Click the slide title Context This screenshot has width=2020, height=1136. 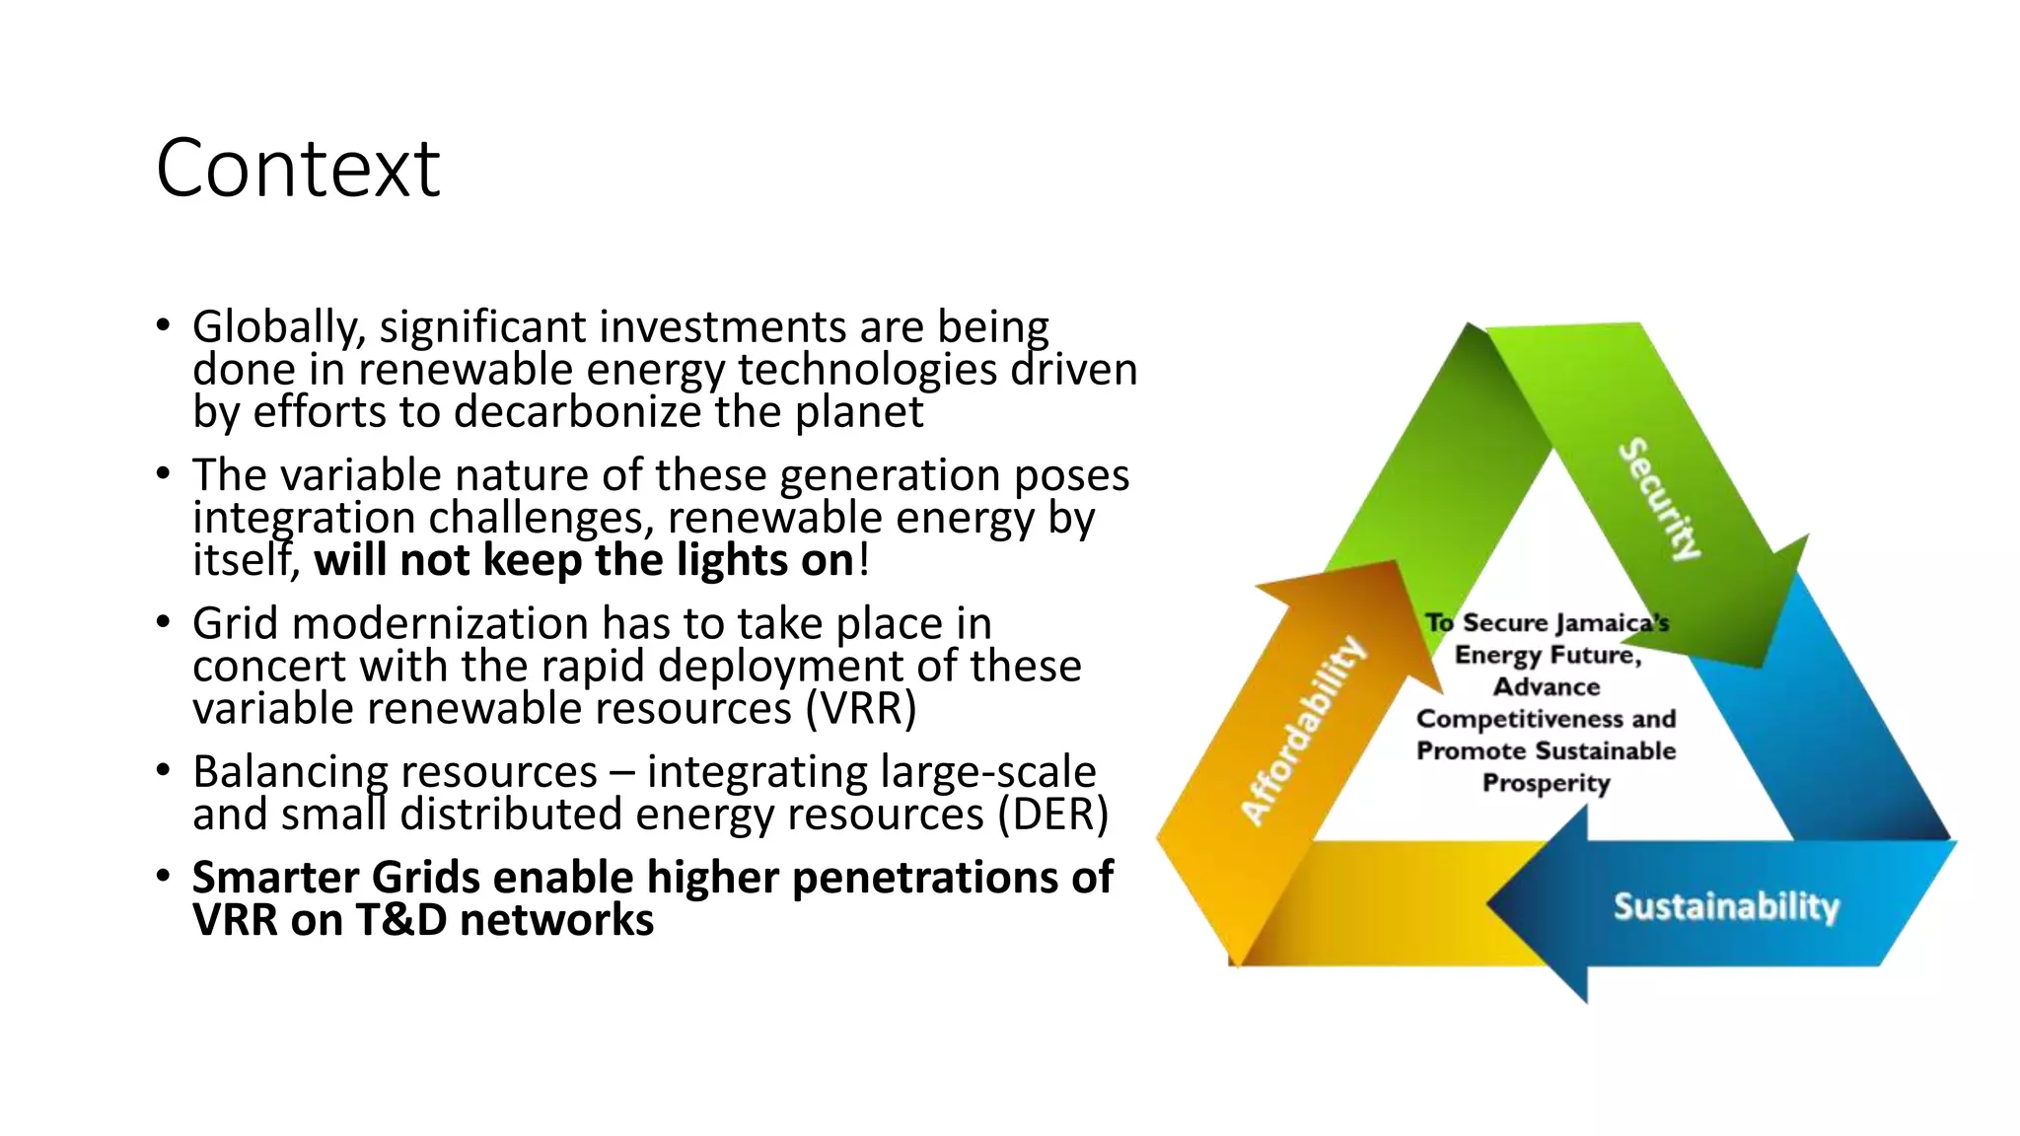pos(298,169)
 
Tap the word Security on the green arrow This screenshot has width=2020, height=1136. pos(1660,498)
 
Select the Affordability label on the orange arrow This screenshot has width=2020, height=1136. pos(1304,730)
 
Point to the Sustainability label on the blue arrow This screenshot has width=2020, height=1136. pos(1726,906)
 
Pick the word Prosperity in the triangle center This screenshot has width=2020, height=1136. pos(1546,783)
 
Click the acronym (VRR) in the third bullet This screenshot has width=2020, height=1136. pos(860,709)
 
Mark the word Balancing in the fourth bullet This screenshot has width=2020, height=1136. pos(287,772)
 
